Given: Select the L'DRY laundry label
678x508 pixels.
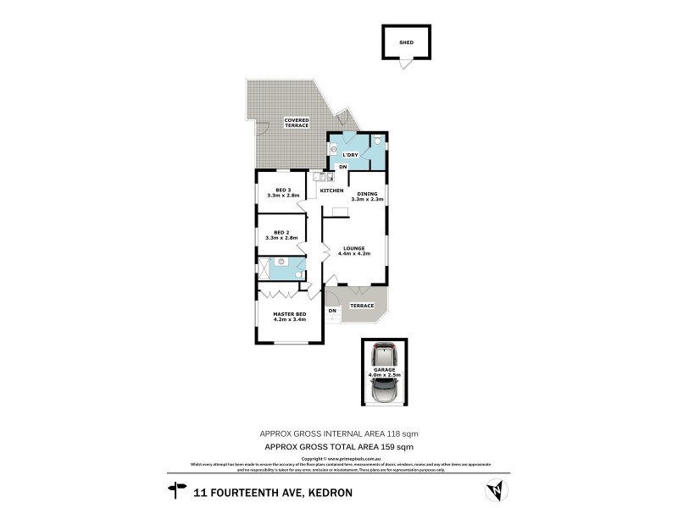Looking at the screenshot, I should click(x=351, y=154).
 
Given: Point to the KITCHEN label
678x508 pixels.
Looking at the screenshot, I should click(x=331, y=190).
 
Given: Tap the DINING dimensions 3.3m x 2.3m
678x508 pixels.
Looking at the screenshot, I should click(x=367, y=199).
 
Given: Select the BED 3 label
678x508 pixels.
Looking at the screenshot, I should click(x=283, y=190).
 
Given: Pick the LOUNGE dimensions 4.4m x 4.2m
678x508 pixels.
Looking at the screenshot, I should click(x=355, y=253).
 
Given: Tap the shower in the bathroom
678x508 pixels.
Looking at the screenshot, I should click(x=264, y=270).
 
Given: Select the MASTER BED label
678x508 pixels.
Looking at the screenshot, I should click(x=289, y=315).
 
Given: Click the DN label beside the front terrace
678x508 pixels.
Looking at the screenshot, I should click(x=332, y=311).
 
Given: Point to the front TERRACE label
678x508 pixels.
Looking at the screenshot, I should click(x=362, y=305).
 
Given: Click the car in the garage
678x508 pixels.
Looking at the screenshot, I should click(x=385, y=374).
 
